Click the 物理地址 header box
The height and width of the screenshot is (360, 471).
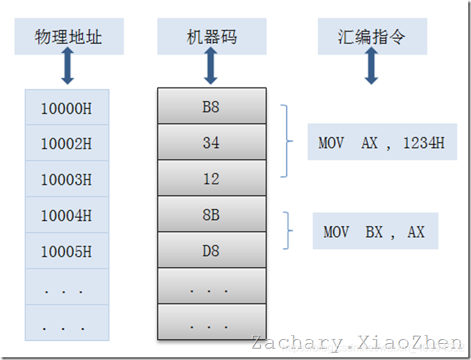tap(69, 37)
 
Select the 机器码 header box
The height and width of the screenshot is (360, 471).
tap(212, 37)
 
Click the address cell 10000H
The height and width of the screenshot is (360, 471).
tap(66, 108)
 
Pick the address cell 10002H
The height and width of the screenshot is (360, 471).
tap(66, 144)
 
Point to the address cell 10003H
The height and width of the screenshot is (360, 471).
tap(66, 179)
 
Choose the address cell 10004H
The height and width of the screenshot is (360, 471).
tap(66, 216)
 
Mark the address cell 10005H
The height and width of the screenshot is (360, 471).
tap(66, 251)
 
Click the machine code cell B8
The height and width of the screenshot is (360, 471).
tap(211, 107)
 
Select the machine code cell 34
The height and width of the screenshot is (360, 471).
tap(211, 142)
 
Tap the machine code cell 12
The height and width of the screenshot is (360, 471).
tap(211, 179)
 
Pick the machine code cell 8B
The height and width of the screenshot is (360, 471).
tap(211, 215)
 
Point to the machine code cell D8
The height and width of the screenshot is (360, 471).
tap(211, 251)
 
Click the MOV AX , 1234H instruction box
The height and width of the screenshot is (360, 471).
tap(381, 142)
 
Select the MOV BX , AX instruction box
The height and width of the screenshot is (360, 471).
tap(375, 231)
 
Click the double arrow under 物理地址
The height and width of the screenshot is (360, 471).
tap(67, 69)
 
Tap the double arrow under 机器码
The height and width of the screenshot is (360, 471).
tap(211, 69)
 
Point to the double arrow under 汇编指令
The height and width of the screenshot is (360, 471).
tap(371, 69)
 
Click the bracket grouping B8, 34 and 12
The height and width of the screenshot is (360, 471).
tap(288, 142)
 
